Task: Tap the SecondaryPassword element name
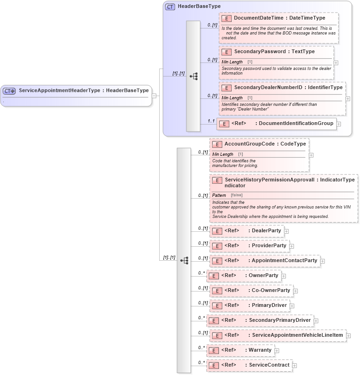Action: pyautogui.click(x=262, y=51)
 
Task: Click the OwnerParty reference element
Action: pyautogui.click(x=263, y=275)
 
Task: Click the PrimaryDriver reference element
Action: pyautogui.click(x=268, y=305)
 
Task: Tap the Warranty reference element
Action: pyautogui.click(x=260, y=350)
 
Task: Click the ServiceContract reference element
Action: pyautogui.click(x=269, y=365)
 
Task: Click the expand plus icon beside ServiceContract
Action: pyautogui.click(x=295, y=365)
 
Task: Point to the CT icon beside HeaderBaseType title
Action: pyautogui.click(x=170, y=7)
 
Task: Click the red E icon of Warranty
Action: pyautogui.click(x=213, y=350)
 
